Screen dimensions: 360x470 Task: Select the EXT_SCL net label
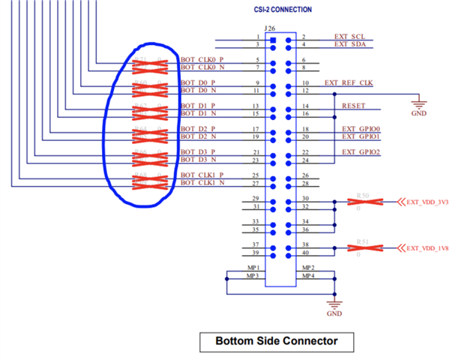tap(349, 37)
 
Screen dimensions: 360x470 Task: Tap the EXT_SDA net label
tap(350, 44)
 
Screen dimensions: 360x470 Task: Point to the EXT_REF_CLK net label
tap(349, 82)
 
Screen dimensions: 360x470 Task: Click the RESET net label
tap(353, 106)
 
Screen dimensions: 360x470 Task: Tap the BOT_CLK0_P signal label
tap(202, 60)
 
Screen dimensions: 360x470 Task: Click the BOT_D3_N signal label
tap(198, 160)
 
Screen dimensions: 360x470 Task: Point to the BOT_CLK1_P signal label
tap(202, 175)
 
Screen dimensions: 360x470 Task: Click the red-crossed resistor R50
tap(364, 201)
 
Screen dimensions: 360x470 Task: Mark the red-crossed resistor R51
tap(364, 248)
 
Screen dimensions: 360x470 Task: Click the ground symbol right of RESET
tap(418, 105)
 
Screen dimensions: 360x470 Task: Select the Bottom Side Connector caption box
tap(277, 341)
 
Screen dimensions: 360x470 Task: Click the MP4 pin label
tap(308, 276)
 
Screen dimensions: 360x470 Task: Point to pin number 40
tap(305, 253)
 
